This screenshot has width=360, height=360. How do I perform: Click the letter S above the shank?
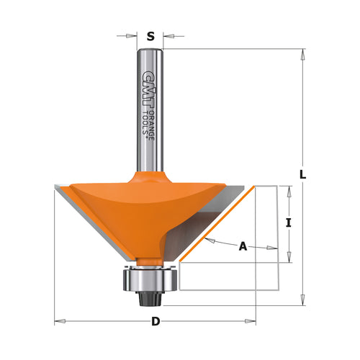pyautogui.click(x=150, y=35)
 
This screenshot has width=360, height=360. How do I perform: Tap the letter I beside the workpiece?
pyautogui.click(x=288, y=222)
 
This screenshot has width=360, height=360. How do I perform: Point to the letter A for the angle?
pyautogui.click(x=243, y=247)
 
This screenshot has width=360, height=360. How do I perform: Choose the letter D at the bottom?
pyautogui.click(x=155, y=322)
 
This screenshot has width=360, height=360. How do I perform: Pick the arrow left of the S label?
pyautogui.click(x=133, y=34)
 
